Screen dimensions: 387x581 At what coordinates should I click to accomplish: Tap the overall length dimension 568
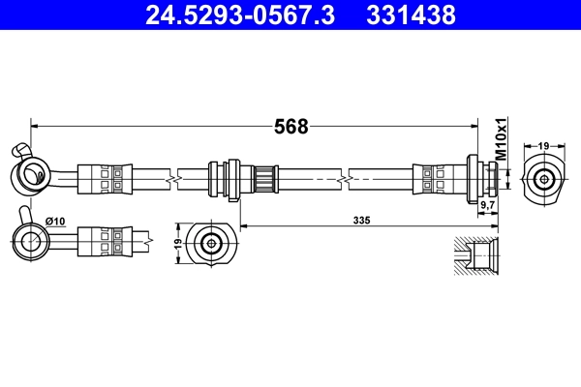coord(290,127)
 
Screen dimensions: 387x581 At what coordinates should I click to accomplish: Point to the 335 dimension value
coord(362,220)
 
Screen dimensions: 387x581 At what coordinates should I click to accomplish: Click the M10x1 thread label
coord(502,140)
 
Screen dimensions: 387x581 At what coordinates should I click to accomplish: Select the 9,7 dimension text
coord(488,206)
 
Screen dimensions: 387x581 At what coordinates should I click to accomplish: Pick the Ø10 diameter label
coord(56,221)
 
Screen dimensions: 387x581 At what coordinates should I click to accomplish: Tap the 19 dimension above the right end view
coord(544,145)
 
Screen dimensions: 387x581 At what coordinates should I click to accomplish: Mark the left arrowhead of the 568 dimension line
coord(35,126)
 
